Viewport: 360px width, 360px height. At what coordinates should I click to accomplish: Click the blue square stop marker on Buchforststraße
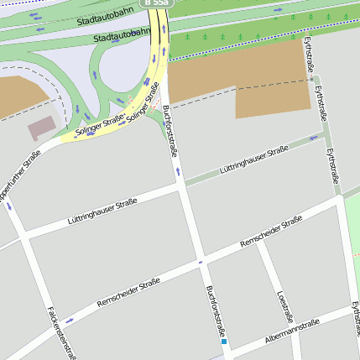click(223, 342)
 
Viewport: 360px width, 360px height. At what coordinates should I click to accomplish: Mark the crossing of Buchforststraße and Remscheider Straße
click(201, 262)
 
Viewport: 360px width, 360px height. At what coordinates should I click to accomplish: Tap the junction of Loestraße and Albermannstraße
click(297, 322)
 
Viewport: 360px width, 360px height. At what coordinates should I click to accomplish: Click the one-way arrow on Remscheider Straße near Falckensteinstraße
click(69, 320)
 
